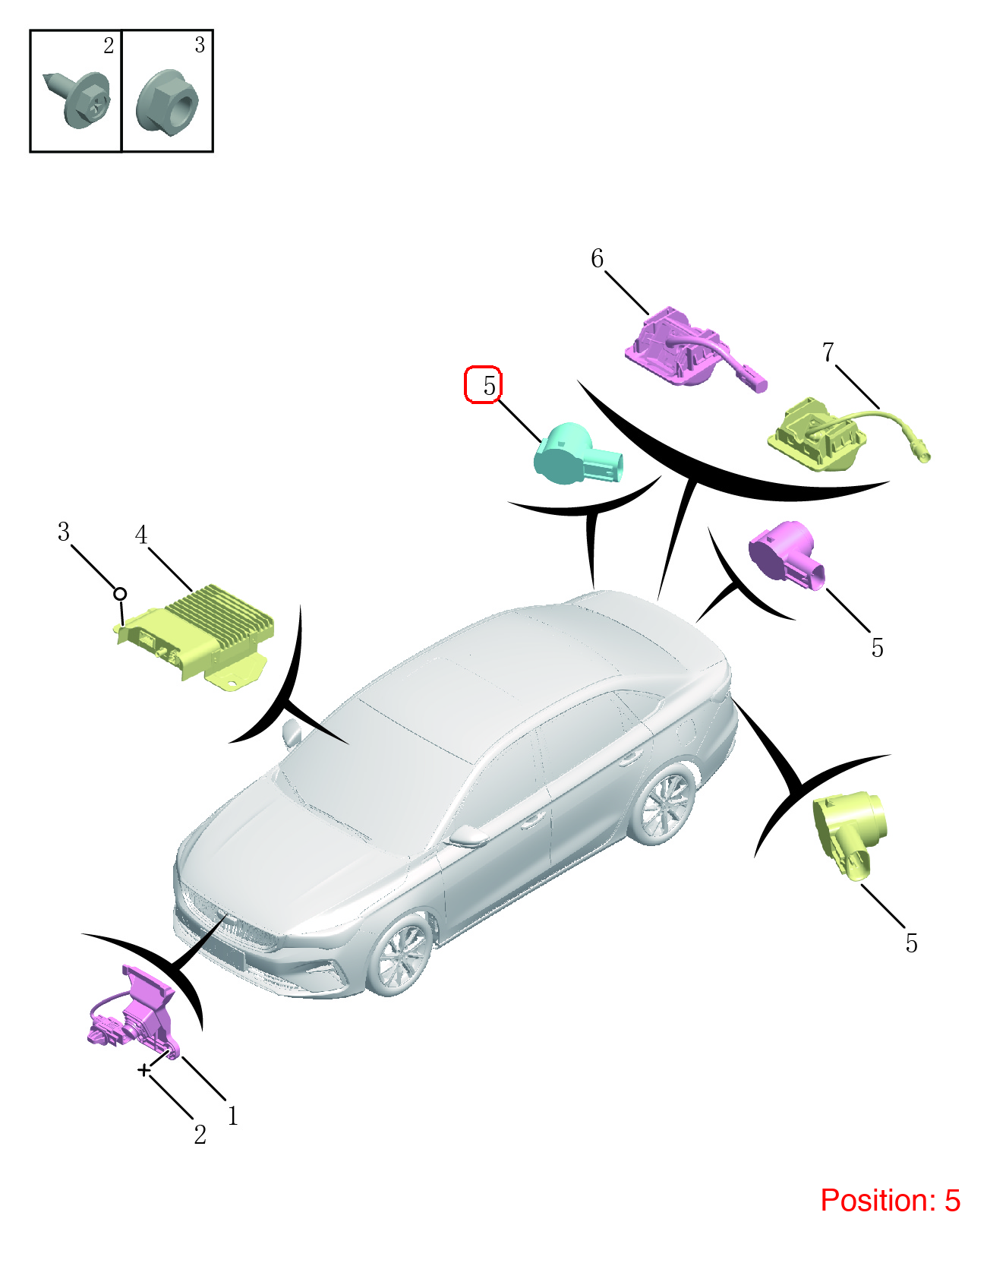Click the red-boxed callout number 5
click(489, 385)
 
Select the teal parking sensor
click(578, 454)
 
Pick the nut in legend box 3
click(167, 103)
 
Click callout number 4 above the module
click(141, 535)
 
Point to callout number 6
click(598, 258)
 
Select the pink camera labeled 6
click(694, 349)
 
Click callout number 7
click(828, 352)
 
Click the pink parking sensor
click(786, 555)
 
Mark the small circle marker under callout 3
click(120, 594)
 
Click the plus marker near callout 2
click(144, 1070)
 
